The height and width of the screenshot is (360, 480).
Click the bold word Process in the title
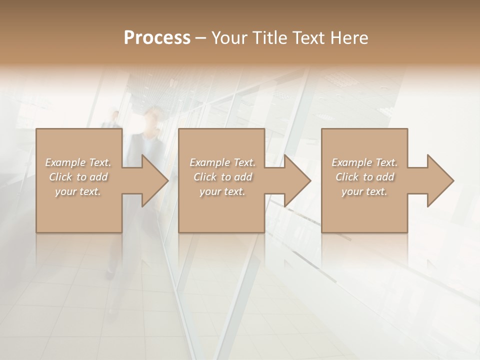157,37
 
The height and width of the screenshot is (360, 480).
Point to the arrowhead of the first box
155,180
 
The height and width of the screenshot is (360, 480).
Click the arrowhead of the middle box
297,180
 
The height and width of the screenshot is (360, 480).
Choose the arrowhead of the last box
440,180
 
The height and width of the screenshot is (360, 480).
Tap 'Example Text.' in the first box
78,162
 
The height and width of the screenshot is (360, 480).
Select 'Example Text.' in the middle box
222,162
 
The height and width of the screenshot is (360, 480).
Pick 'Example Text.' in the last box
364,162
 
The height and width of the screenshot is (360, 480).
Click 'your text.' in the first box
78,191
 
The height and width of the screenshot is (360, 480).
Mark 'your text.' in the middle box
222,191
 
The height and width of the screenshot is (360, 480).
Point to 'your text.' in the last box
364,191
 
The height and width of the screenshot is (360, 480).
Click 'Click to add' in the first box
78,177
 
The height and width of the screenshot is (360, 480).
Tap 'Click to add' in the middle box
222,177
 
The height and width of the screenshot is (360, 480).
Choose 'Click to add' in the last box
364,177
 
